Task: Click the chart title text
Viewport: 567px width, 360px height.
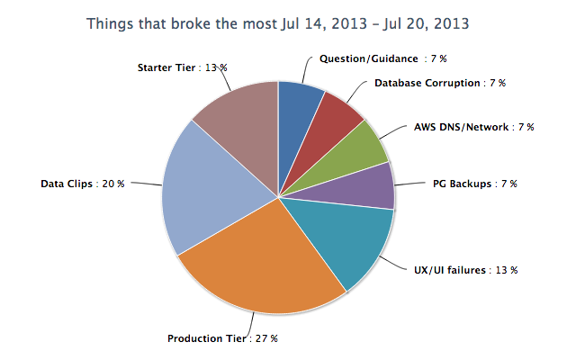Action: pyautogui.click(x=277, y=22)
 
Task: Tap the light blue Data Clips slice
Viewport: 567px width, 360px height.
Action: pyautogui.click(x=211, y=193)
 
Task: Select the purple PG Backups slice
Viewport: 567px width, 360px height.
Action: pyautogui.click(x=369, y=184)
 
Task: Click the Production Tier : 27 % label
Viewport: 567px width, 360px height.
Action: pyautogui.click(x=222, y=338)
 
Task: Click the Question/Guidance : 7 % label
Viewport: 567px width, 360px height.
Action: pyautogui.click(x=383, y=58)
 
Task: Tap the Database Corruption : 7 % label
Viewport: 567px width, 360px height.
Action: pyautogui.click(x=439, y=83)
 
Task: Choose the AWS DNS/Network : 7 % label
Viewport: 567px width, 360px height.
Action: pyautogui.click(x=473, y=128)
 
